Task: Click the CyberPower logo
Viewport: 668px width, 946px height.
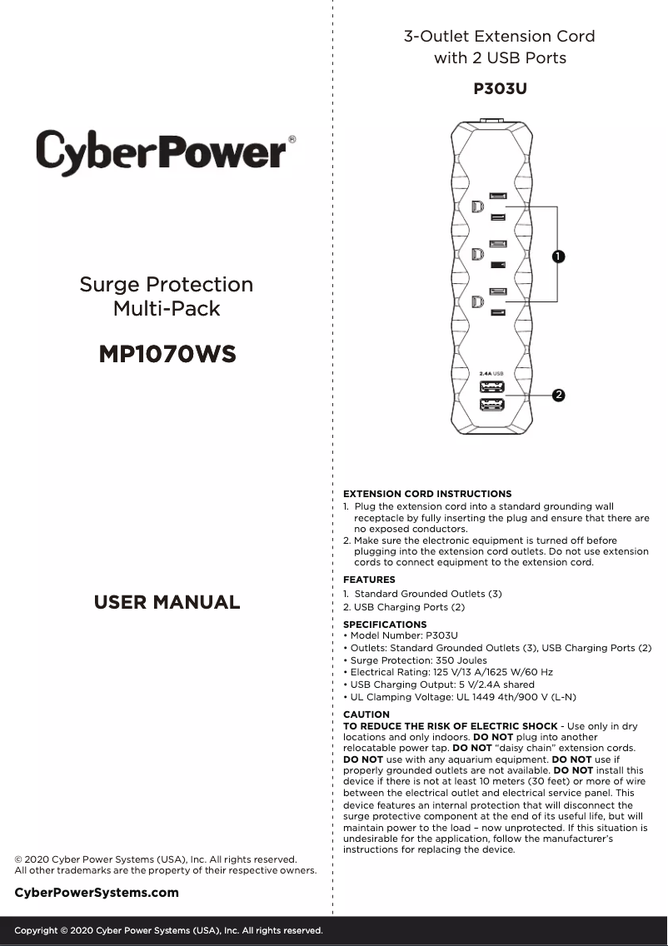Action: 163,152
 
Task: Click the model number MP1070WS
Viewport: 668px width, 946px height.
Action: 167,355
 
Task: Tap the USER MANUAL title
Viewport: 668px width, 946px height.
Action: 167,602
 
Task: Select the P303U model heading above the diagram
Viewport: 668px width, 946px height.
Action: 500,88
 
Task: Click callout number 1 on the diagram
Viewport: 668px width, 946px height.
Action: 557,256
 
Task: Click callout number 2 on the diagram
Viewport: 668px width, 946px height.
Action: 558,394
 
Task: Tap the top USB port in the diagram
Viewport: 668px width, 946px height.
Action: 491,387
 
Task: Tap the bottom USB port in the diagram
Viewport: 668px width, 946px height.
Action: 491,405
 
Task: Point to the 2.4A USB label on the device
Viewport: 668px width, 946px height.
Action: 491,373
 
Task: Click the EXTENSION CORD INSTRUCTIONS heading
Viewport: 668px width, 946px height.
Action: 427,494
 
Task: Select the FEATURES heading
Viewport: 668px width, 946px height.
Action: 369,580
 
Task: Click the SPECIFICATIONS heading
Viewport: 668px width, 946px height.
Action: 385,624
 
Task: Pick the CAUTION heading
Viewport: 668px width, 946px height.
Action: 366,714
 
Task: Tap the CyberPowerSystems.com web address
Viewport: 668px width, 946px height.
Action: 97,893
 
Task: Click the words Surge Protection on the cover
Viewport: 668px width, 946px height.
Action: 167,285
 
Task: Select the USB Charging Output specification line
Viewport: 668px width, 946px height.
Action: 439,685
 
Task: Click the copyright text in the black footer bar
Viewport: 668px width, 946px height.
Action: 168,930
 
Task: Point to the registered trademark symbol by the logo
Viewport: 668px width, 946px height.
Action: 292,140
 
